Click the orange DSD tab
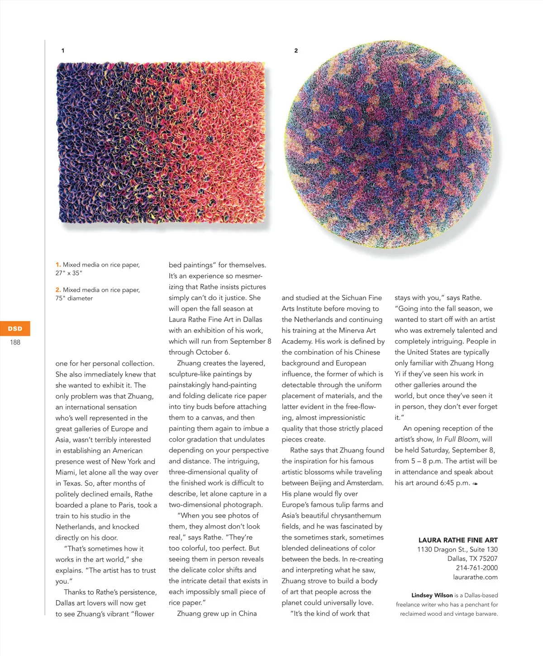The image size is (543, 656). click(15, 328)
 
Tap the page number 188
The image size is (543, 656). click(15, 342)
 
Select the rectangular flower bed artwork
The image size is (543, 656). click(161, 143)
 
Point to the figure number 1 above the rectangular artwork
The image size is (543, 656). click(63, 51)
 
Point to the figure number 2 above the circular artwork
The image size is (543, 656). click(296, 51)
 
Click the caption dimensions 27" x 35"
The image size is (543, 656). click(69, 273)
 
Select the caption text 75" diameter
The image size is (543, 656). click(74, 299)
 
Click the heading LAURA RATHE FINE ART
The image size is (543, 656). click(457, 540)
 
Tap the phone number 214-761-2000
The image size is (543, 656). click(476, 568)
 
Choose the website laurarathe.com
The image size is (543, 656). click(475, 577)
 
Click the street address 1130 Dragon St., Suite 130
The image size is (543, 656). click(457, 550)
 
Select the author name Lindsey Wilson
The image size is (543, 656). click(432, 595)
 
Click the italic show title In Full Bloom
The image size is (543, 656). click(457, 439)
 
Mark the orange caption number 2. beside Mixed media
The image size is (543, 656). click(58, 290)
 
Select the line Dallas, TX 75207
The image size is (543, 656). click(472, 559)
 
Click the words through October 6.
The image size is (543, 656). click(199, 352)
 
